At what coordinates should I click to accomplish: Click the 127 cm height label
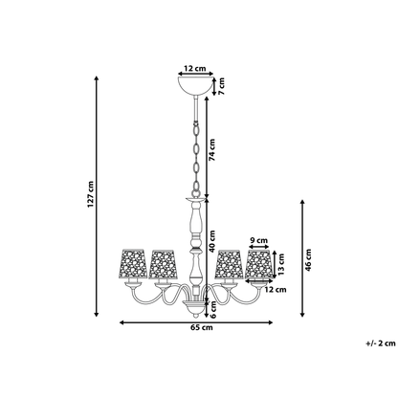(91, 194)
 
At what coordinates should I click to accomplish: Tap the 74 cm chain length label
(212, 149)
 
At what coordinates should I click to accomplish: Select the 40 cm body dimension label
(212, 241)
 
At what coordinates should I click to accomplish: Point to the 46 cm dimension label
(308, 260)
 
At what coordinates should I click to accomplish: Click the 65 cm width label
(201, 327)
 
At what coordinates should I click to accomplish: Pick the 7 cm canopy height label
(221, 86)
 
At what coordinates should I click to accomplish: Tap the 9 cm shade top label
(259, 240)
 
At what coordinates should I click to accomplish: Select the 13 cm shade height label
(281, 264)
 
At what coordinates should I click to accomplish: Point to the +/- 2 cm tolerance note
(381, 343)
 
